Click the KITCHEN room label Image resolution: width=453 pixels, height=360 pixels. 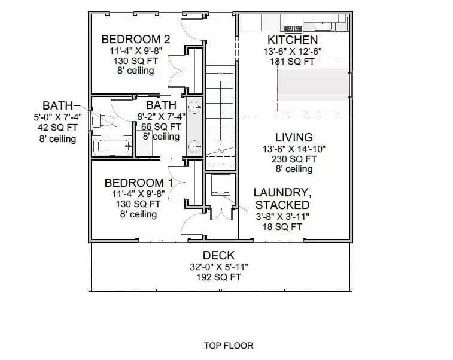[x=293, y=39]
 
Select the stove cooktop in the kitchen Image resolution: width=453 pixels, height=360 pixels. [x=293, y=28]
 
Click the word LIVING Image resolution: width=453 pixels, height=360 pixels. [x=294, y=137]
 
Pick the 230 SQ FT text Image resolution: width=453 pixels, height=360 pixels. [x=294, y=159]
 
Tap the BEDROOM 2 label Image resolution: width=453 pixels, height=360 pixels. [x=136, y=39]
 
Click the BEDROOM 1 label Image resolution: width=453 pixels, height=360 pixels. [x=139, y=183]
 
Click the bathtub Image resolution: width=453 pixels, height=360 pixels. [x=111, y=146]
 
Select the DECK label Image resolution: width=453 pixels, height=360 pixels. [x=218, y=256]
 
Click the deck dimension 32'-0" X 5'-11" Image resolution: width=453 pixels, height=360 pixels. [x=218, y=267]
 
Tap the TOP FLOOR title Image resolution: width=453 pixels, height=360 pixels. [x=228, y=345]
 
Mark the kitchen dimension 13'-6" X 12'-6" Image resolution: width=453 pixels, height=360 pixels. [x=293, y=51]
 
